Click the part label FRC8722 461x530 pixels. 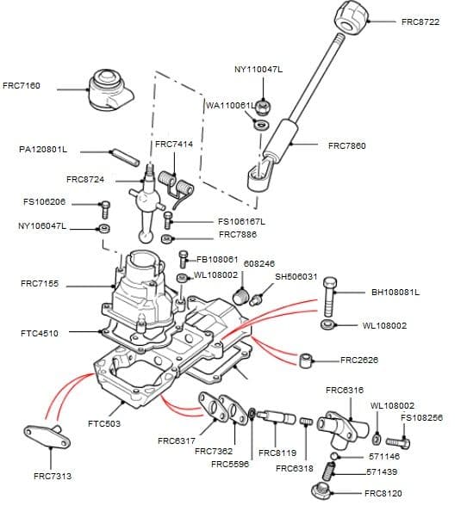(420, 22)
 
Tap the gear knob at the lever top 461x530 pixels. (352, 15)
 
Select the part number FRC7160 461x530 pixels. (22, 86)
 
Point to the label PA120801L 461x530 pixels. (43, 149)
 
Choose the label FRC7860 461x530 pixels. (347, 145)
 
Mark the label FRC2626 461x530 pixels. (359, 360)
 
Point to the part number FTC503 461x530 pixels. (104, 423)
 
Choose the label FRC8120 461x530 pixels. (383, 494)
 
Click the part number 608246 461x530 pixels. (259, 264)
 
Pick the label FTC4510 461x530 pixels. (40, 333)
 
